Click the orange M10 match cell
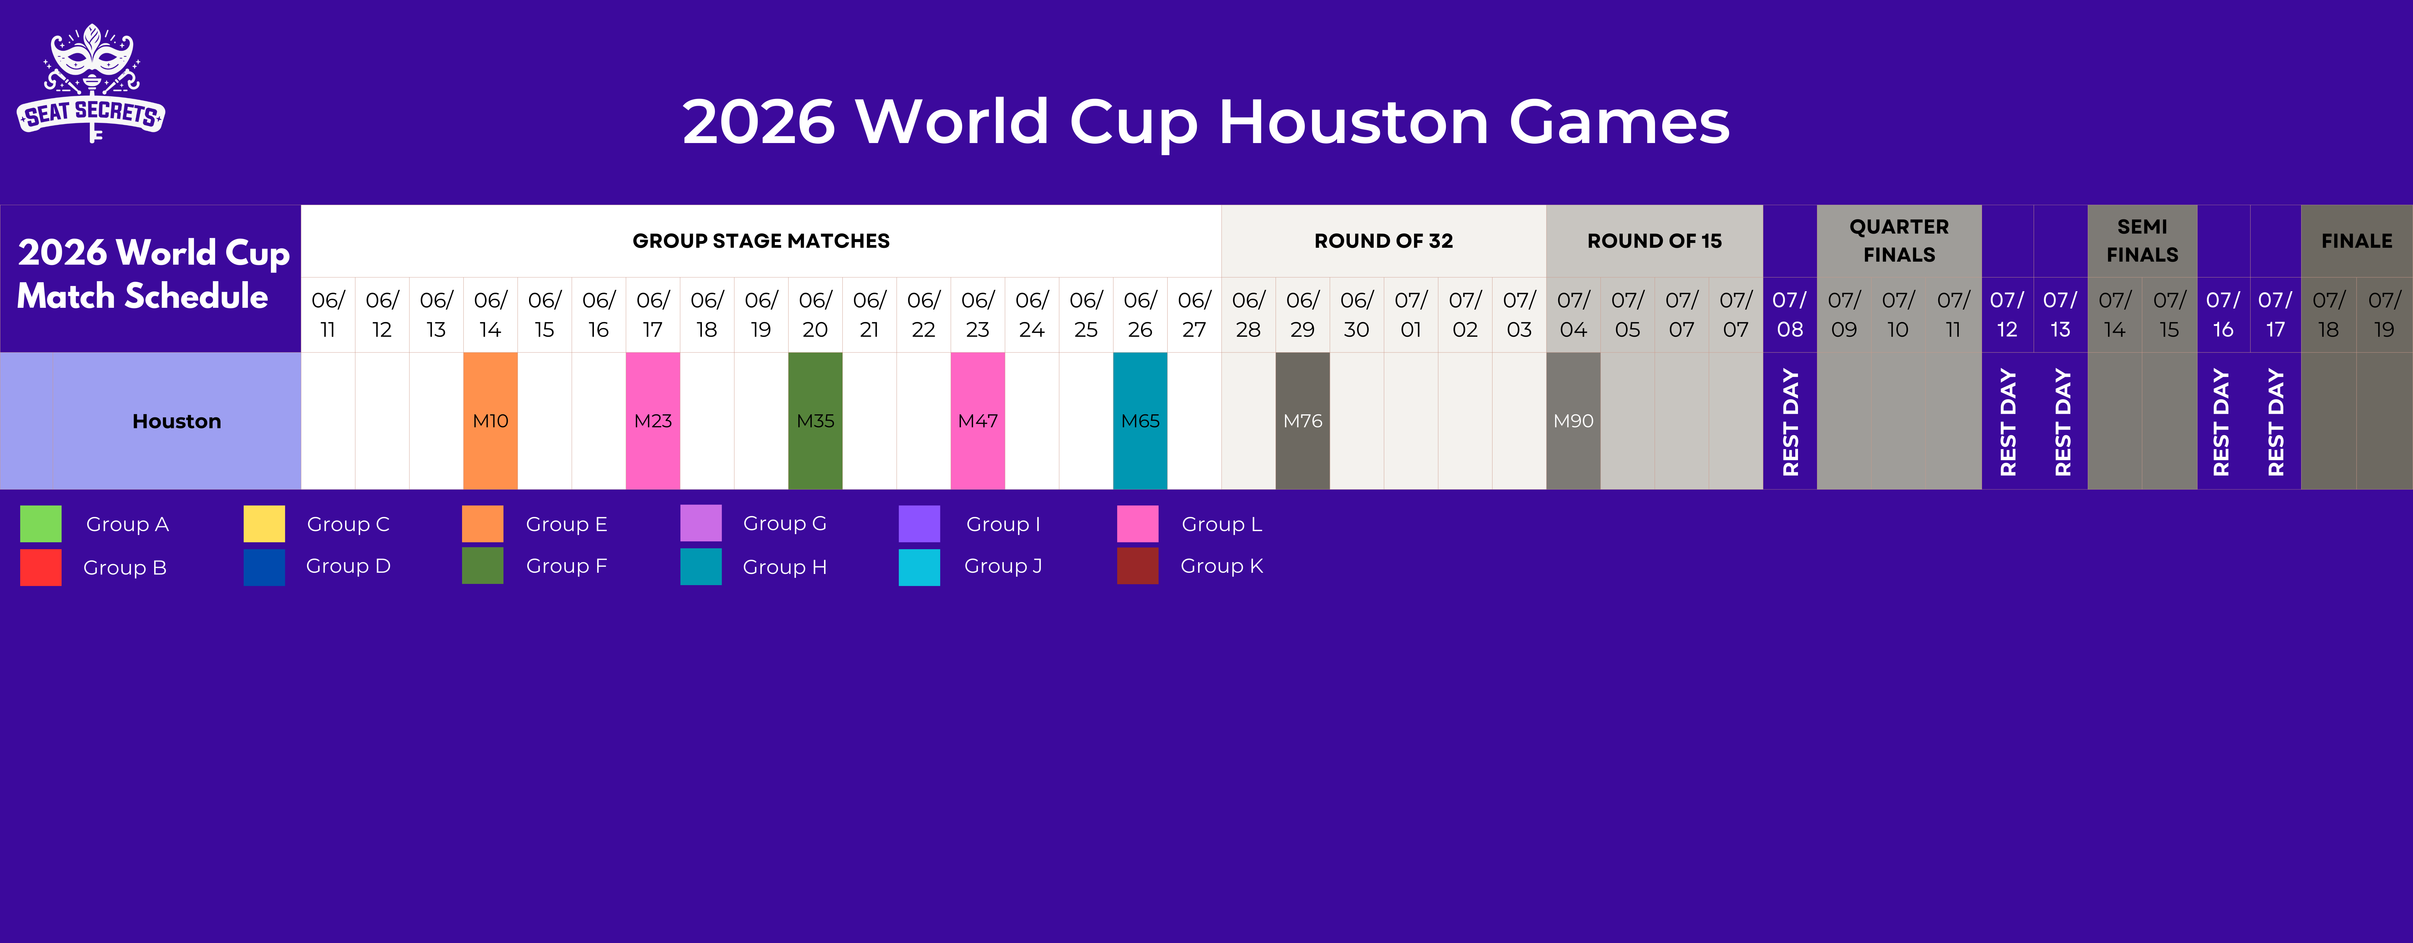click(x=490, y=421)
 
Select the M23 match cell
click(x=653, y=421)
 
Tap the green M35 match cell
click(x=815, y=421)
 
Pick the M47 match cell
click(x=977, y=421)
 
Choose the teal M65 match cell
click(x=1140, y=421)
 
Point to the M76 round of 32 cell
click(x=1302, y=421)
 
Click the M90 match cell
click(x=1573, y=421)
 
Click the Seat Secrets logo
click(x=91, y=84)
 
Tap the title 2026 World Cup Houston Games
click(x=1206, y=122)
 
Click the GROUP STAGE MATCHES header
click(x=761, y=241)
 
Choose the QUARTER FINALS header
click(x=1899, y=241)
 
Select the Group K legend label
click(x=1222, y=566)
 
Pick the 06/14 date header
click(x=490, y=315)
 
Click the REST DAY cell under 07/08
click(x=1789, y=421)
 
